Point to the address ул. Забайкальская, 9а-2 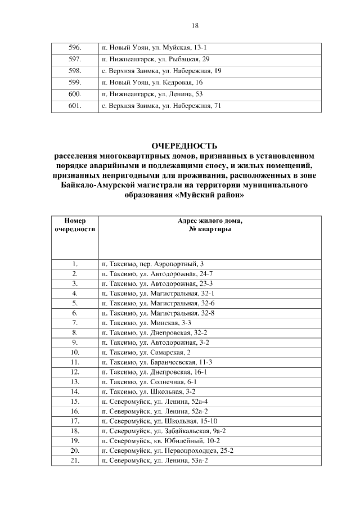pyautogui.click(x=163, y=431)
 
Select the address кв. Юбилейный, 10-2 pyautogui.click(x=160, y=441)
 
